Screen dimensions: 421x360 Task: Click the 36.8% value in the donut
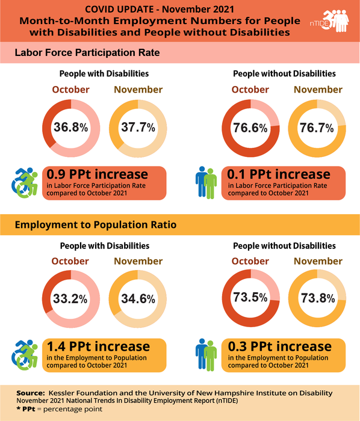pyautogui.click(x=70, y=128)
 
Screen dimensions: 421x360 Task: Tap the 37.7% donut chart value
pyautogui.click(x=138, y=128)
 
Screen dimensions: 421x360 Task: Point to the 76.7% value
pyautogui.click(x=318, y=128)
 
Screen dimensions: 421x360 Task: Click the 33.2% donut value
pyautogui.click(x=70, y=298)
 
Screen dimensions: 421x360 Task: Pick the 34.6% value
pyautogui.click(x=138, y=298)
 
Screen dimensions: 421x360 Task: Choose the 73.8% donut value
pyautogui.click(x=318, y=298)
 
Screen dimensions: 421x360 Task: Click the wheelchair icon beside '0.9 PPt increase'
pyautogui.click(x=25, y=180)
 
